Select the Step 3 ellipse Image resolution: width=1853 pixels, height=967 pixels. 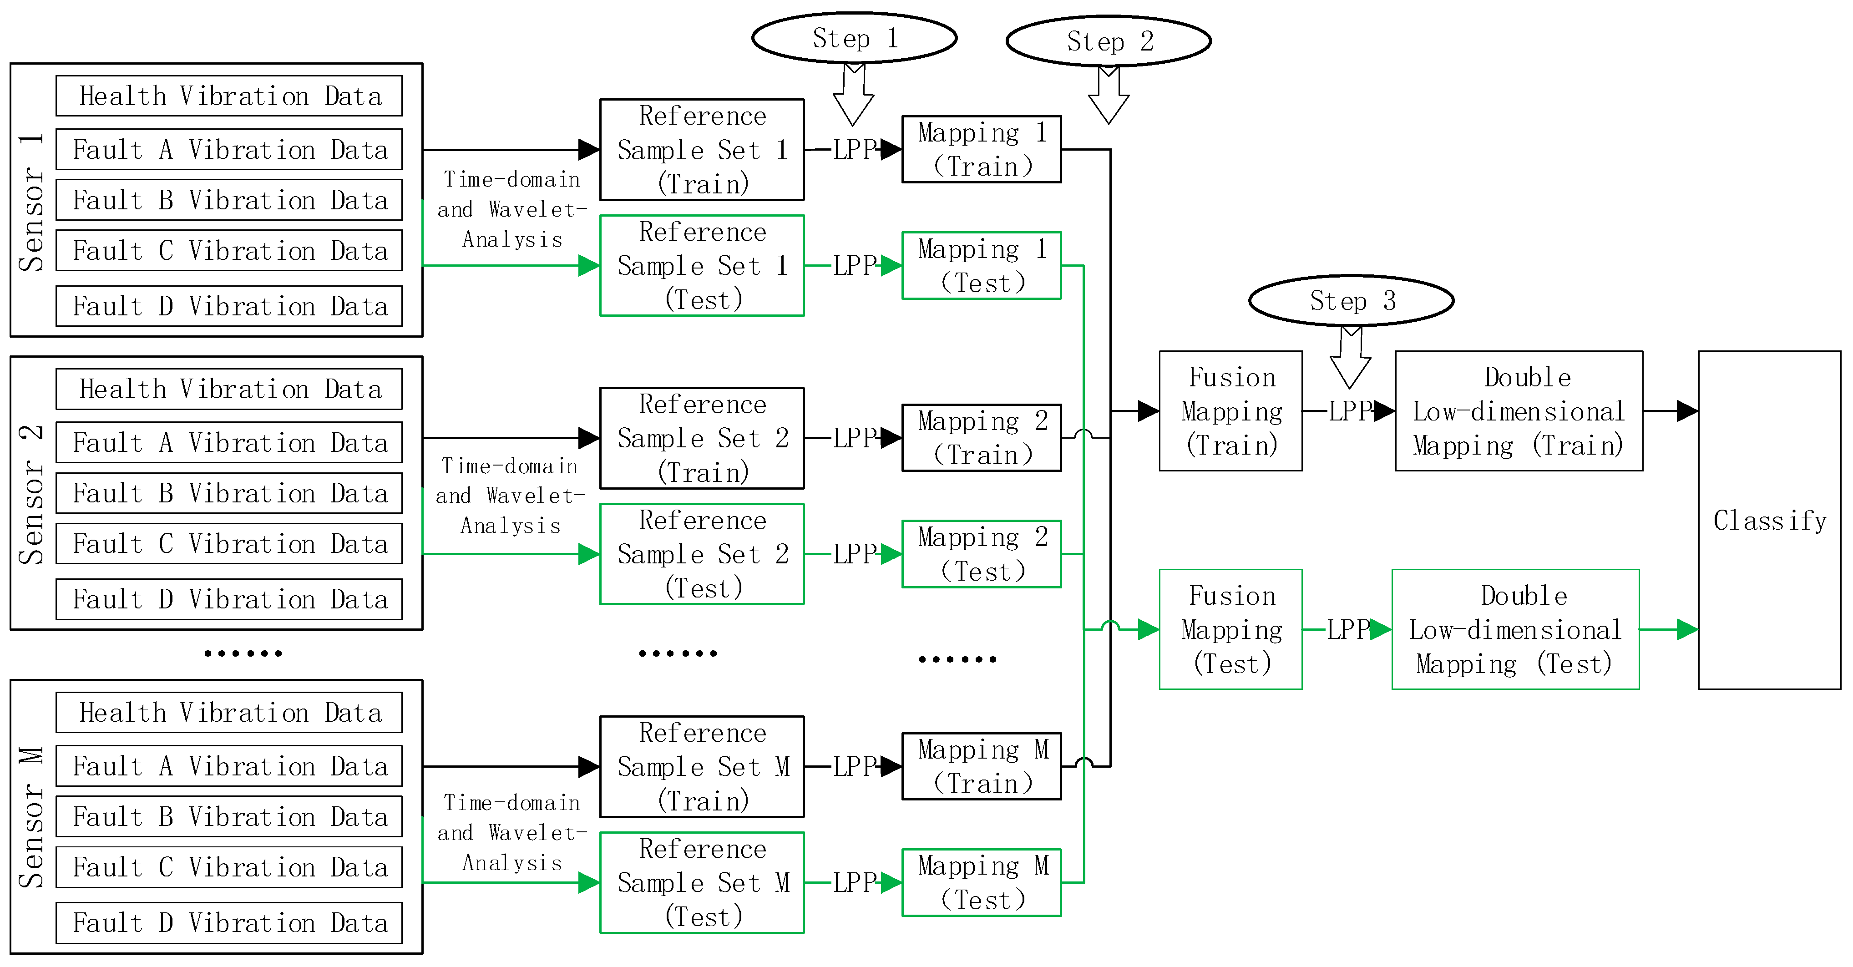[1351, 301]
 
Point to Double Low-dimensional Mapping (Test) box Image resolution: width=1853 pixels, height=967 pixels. [1515, 629]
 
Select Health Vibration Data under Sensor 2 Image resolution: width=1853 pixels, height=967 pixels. [229, 389]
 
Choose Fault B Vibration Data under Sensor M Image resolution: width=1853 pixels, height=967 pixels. [229, 817]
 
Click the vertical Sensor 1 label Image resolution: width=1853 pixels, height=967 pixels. [32, 202]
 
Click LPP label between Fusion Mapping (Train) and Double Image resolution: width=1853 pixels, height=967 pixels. [1349, 411]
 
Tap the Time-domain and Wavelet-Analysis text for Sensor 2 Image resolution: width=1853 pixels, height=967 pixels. [510, 496]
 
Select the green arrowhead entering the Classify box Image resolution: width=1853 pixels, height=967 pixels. [1687, 629]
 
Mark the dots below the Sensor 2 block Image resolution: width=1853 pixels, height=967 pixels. [243, 653]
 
